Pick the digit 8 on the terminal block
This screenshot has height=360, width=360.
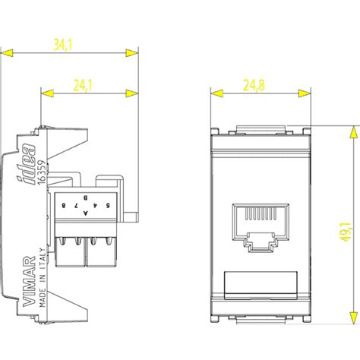coord(64,206)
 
